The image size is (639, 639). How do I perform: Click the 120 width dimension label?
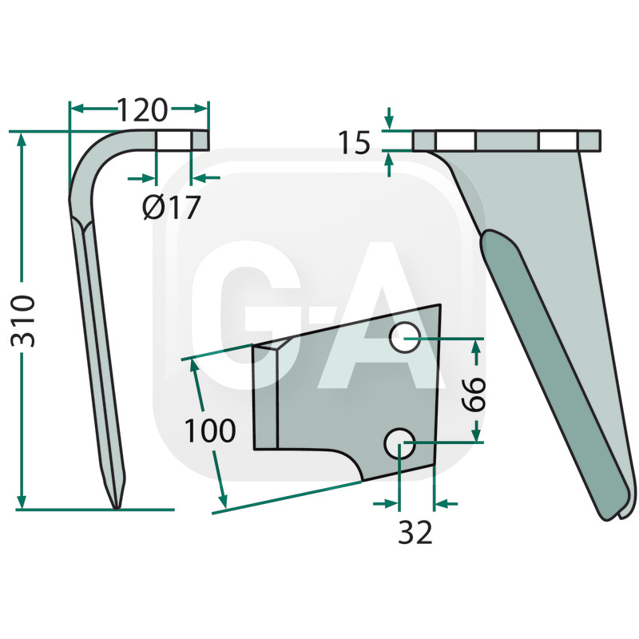[x=142, y=108]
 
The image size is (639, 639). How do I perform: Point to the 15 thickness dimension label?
[x=354, y=143]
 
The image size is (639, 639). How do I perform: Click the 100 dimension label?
[x=210, y=431]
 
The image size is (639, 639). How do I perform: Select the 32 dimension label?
[x=415, y=532]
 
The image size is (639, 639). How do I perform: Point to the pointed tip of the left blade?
[x=117, y=503]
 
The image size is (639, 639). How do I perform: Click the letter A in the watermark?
[x=372, y=319]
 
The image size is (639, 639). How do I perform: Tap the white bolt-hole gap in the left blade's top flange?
[x=173, y=141]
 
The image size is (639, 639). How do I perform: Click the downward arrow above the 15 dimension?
[x=389, y=121]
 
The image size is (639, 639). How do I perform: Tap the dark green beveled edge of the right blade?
[x=551, y=359]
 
